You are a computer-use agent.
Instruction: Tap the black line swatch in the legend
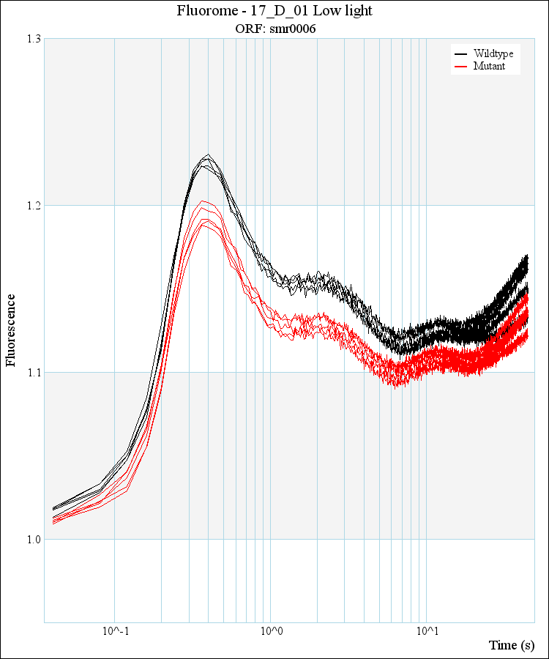tap(461, 54)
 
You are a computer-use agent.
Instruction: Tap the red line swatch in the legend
tap(461, 66)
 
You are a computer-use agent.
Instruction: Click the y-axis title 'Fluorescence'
tap(11, 329)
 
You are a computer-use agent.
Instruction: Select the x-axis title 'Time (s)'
tap(512, 645)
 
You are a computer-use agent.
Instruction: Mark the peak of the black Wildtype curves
tap(209, 156)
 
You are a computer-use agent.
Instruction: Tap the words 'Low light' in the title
tap(348, 11)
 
